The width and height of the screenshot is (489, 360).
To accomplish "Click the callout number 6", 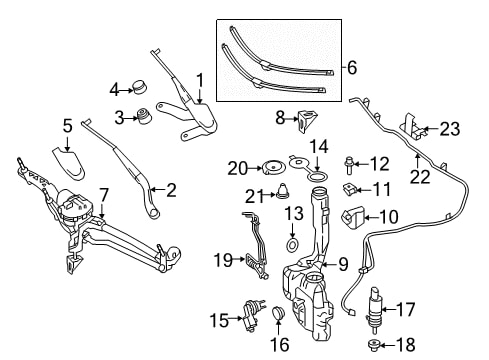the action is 352,68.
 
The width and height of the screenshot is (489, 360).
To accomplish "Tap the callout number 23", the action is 450,129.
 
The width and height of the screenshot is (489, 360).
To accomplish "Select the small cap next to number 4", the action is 140,87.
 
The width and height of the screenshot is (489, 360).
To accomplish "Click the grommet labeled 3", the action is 145,116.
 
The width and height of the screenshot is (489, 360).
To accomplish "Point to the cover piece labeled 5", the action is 69,162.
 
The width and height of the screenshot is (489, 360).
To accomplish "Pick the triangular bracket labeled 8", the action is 307,121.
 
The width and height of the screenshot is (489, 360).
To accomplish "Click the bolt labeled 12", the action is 348,165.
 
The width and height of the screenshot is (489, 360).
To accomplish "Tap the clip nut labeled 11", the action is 350,190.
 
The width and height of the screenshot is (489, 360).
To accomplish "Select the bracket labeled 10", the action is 353,217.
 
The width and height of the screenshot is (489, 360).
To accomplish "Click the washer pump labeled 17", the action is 375,309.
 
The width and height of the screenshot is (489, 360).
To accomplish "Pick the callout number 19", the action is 223,260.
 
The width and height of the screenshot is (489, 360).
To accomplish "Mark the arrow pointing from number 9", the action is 329,265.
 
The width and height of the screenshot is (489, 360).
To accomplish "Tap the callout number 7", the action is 104,196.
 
